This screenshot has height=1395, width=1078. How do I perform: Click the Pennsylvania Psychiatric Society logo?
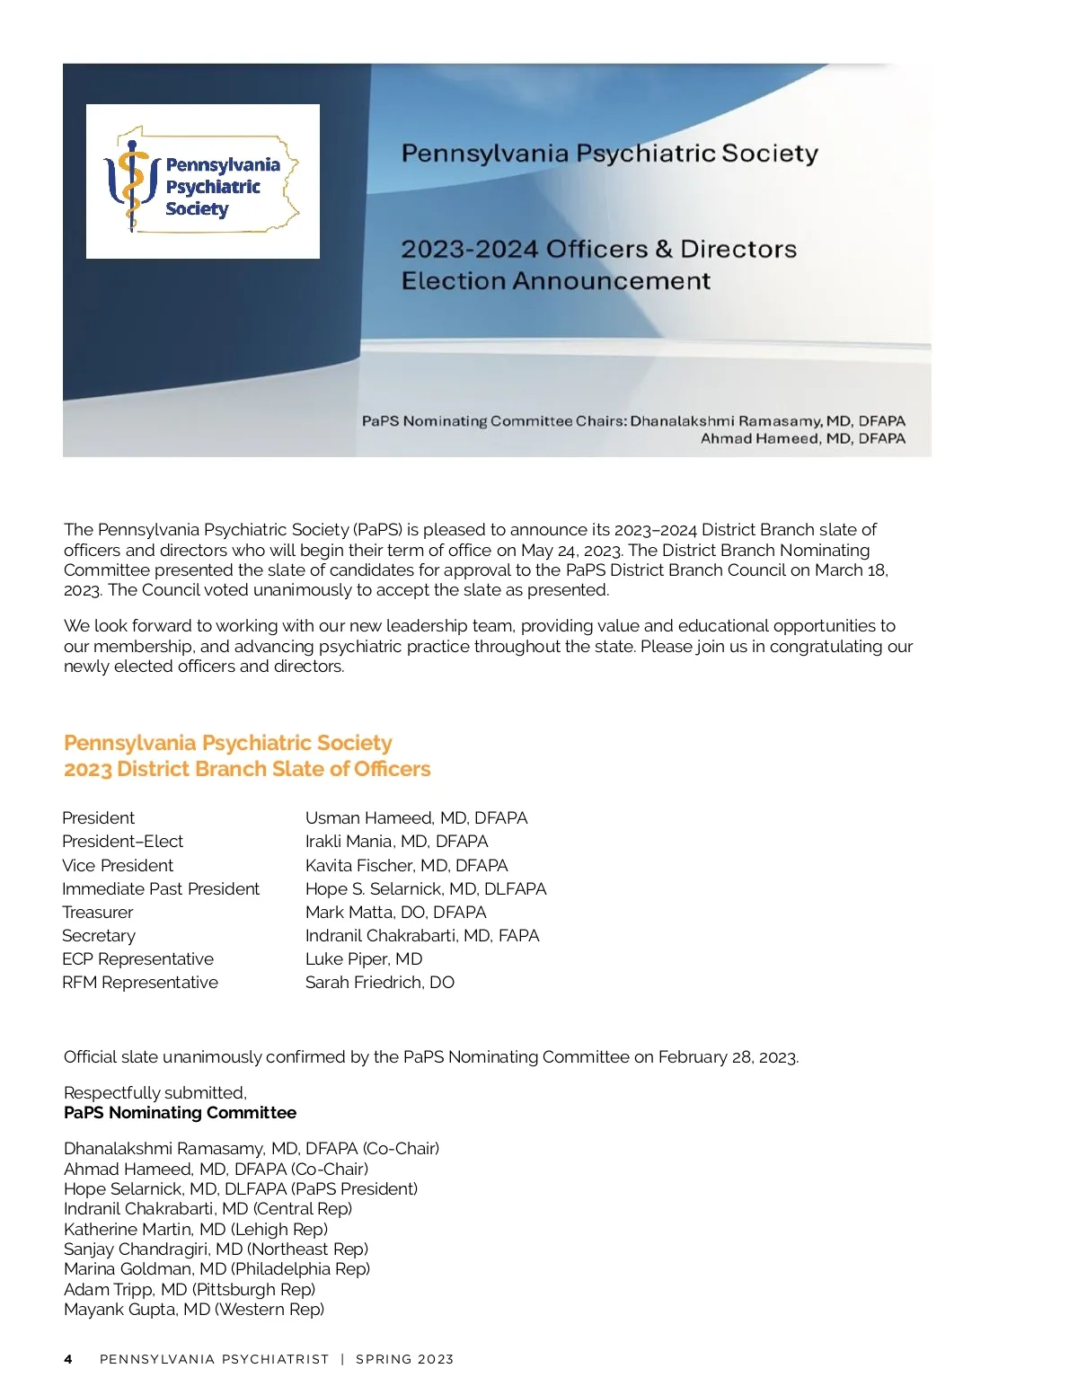[x=203, y=181]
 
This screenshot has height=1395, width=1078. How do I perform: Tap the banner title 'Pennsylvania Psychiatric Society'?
[x=609, y=154]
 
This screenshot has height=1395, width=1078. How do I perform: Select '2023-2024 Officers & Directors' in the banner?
[x=598, y=249]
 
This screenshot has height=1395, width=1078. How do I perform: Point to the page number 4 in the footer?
[x=68, y=1359]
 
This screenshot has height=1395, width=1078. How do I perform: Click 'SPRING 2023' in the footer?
[x=404, y=1359]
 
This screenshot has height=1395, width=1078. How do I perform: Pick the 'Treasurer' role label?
[x=98, y=913]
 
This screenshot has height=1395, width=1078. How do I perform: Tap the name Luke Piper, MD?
[x=364, y=959]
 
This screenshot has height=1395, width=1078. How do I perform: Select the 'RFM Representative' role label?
[x=140, y=983]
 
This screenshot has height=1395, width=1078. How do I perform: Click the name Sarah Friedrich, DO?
[x=380, y=983]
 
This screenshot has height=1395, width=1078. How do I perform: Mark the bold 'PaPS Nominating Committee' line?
[x=180, y=1113]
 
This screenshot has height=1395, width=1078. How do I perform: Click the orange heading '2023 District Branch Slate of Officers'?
[x=247, y=769]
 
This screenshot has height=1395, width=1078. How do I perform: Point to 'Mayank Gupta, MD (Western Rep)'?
[x=194, y=1310]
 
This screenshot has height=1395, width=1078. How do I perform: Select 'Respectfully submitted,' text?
[x=155, y=1093]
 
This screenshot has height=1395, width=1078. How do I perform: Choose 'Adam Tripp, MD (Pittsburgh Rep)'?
[x=190, y=1290]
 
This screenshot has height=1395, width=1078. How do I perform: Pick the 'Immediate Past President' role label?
[x=161, y=889]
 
